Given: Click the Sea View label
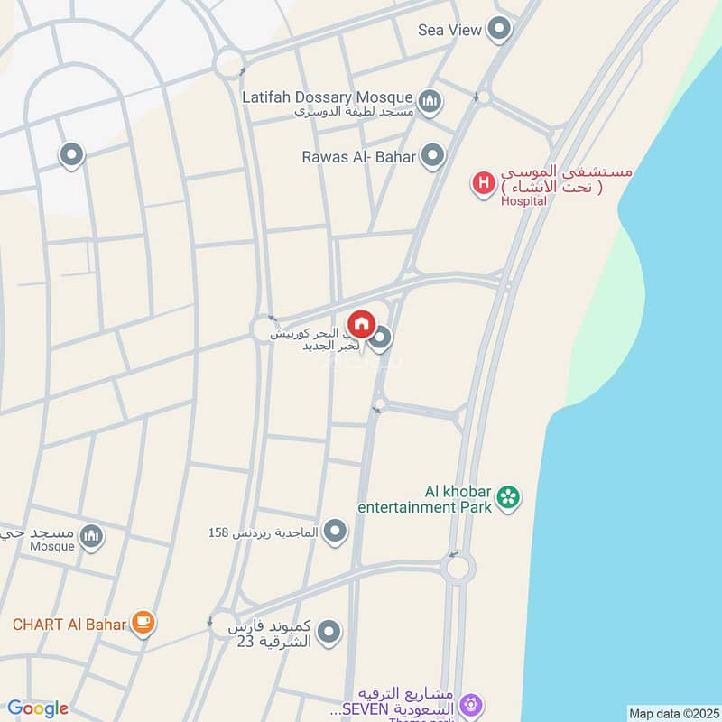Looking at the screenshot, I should pyautogui.click(x=449, y=30).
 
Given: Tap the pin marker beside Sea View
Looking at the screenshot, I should pyautogui.click(x=499, y=30).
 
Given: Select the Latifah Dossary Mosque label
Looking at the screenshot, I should pyautogui.click(x=328, y=96).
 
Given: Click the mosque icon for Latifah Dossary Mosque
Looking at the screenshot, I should pyautogui.click(x=430, y=100).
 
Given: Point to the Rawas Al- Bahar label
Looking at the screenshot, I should pyautogui.click(x=358, y=157).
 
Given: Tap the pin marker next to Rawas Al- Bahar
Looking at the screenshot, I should pyautogui.click(x=434, y=156).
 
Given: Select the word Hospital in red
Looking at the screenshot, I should pyautogui.click(x=523, y=201).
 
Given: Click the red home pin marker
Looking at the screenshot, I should pyautogui.click(x=361, y=323).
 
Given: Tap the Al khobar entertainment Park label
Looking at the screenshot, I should pyautogui.click(x=425, y=500).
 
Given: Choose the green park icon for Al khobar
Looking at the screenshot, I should pyautogui.click(x=509, y=497).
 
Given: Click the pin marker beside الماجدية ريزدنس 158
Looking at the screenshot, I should pyautogui.click(x=336, y=532).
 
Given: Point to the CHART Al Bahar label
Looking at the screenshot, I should pyautogui.click(x=69, y=623).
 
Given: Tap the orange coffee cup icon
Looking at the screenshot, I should pyautogui.click(x=143, y=621).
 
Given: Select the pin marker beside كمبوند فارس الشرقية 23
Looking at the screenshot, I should pyautogui.click(x=329, y=633).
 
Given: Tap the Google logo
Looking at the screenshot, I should pyautogui.click(x=37, y=708).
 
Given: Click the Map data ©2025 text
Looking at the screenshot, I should pyautogui.click(x=672, y=714).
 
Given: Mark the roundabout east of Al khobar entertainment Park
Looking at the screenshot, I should pyautogui.click(x=458, y=568).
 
